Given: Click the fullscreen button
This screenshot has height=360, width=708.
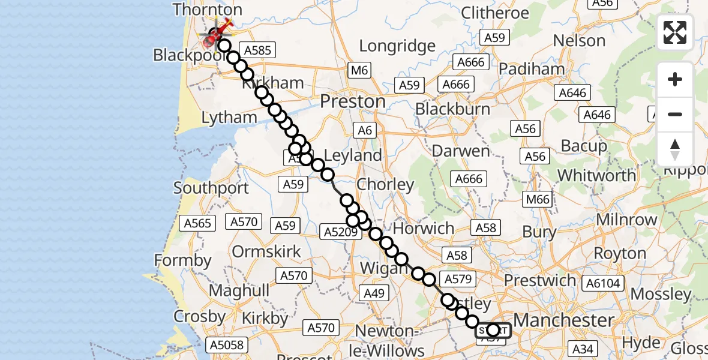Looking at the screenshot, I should (675, 32).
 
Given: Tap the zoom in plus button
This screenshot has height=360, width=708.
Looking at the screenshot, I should (675, 79).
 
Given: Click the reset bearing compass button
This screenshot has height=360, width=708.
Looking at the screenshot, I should (675, 149).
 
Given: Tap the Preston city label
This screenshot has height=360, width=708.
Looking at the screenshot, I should (353, 101).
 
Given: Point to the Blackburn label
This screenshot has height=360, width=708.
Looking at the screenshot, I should (453, 109).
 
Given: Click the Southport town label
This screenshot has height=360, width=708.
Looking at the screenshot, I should (211, 188).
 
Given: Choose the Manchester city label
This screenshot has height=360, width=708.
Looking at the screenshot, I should (563, 320).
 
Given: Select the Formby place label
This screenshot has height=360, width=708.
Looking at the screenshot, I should (183, 261).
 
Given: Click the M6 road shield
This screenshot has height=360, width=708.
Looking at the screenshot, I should (359, 71).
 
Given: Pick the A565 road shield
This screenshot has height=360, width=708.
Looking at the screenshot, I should (198, 223).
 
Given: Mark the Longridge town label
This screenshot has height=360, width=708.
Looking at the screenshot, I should (397, 46).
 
